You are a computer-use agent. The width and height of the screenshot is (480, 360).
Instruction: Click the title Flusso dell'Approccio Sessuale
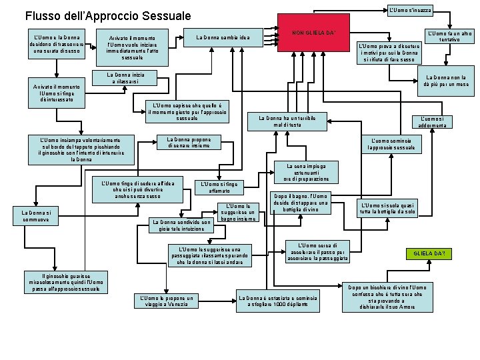[x=107, y=15]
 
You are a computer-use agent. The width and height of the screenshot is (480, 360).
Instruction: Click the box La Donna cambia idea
[x=223, y=37]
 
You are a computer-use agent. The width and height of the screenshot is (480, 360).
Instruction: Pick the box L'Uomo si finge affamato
[x=219, y=187]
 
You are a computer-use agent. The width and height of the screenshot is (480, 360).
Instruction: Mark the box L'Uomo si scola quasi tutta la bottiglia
[x=387, y=208]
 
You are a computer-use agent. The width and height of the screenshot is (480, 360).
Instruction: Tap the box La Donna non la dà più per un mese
[x=446, y=81]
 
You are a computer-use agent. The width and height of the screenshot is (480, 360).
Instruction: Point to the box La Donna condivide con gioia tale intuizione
[x=181, y=225]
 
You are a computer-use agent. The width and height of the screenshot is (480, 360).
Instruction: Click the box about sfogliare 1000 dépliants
[x=278, y=301]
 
